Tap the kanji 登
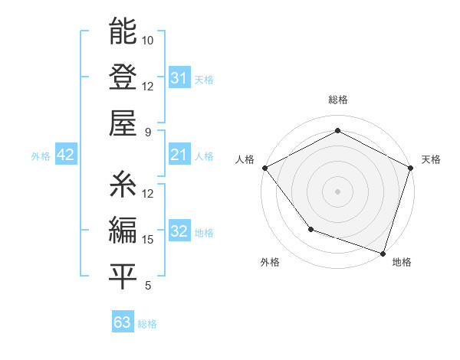coord(123,77)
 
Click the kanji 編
coord(123,230)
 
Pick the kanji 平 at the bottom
coord(123,276)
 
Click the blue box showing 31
coord(179,78)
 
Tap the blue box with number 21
coord(179,155)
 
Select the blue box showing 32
coord(179,232)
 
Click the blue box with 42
coord(65,155)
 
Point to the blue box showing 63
coord(122,322)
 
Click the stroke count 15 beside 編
coord(148,240)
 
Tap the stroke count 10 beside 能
coord(148,40)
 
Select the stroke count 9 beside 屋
coord(148,132)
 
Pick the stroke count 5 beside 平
coord(148,286)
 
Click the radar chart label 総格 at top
coord(337,100)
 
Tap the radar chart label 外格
coord(270,262)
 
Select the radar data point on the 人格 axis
coord(264,168)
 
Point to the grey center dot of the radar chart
coord(337,191)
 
